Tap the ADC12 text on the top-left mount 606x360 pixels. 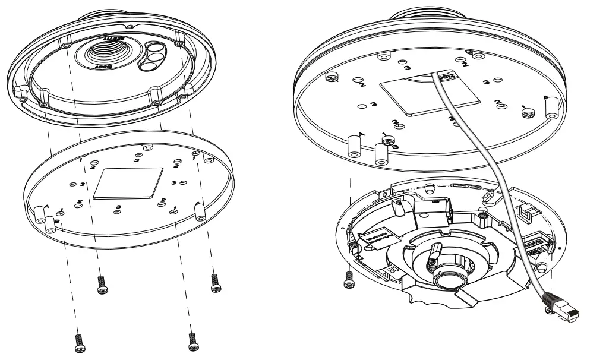[x=107, y=67]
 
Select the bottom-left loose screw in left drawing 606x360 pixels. [x=79, y=340]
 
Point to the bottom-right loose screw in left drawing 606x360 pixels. [x=192, y=340]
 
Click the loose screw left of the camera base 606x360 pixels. [x=349, y=277]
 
